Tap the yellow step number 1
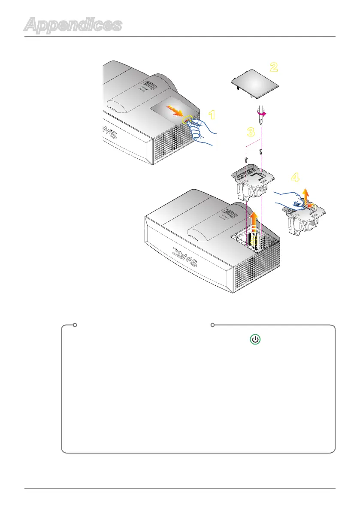point(212,115)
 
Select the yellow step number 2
point(273,67)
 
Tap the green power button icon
point(255,340)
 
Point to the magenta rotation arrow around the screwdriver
point(263,113)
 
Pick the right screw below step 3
point(261,151)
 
